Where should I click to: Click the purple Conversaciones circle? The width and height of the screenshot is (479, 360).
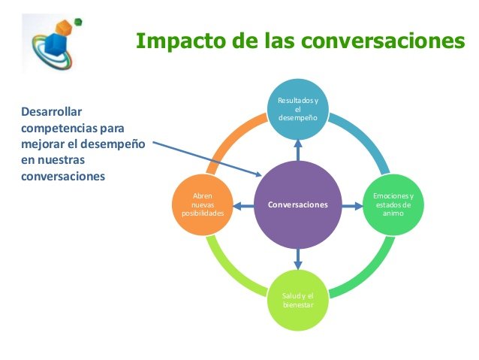click(298, 204)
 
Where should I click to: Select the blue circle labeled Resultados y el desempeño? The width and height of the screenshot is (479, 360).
click(298, 110)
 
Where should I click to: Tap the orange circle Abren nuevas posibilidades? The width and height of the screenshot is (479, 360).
click(203, 204)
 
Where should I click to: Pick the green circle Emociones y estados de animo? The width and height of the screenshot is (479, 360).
click(393, 204)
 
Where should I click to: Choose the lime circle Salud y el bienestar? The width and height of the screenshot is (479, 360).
click(298, 300)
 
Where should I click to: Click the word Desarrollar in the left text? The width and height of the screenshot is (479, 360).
click(51, 112)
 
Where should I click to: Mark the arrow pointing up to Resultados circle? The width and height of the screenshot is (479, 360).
click(298, 150)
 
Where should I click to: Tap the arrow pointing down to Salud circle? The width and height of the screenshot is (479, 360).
click(298, 259)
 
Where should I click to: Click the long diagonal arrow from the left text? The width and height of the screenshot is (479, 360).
click(207, 159)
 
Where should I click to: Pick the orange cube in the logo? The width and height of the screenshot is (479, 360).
click(64, 28)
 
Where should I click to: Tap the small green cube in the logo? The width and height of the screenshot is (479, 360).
click(78, 22)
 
